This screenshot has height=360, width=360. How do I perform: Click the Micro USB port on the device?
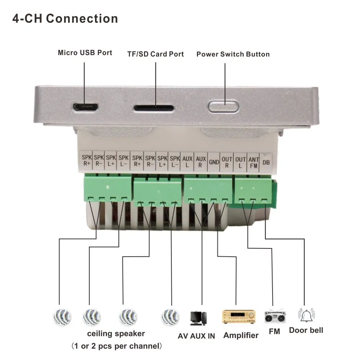85,107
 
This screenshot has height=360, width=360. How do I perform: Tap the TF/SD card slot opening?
154,108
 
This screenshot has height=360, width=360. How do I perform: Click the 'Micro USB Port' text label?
85,53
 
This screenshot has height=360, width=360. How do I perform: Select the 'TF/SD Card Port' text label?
156,54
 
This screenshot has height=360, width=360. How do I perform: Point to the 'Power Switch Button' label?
233,54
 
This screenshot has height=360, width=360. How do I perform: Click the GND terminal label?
214,162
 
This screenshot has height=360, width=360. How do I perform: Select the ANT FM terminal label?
253,162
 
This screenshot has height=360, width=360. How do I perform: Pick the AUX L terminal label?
188,162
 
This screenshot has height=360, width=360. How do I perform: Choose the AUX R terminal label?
201,162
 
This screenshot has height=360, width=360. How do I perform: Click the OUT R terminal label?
227,162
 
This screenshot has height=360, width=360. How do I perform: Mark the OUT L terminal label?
240,162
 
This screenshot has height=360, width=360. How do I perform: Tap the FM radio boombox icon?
275,316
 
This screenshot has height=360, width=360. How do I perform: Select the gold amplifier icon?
239,316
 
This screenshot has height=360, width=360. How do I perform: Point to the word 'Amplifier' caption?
241,336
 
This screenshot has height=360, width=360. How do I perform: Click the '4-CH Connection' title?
65,19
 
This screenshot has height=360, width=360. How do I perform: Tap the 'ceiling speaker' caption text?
116,334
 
